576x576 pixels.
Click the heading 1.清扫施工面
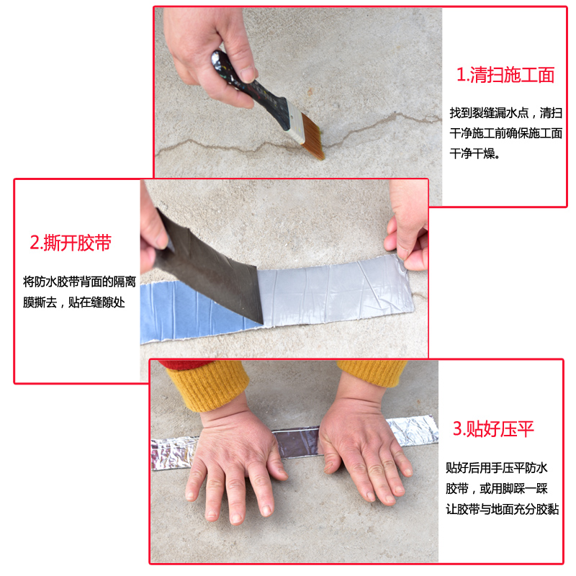pyautogui.click(x=505, y=75)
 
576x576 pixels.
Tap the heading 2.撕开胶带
pyautogui.click(x=71, y=243)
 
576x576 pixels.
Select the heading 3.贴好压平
pyautogui.click(x=493, y=428)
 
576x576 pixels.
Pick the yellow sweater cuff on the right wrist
pyautogui.click(x=372, y=372)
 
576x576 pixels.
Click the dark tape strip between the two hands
pyautogui.click(x=297, y=443)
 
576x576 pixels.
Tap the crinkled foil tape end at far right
pyautogui.click(x=414, y=430)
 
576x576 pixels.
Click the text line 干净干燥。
pyautogui.click(x=474, y=153)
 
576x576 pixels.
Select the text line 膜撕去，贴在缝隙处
pyautogui.click(x=74, y=302)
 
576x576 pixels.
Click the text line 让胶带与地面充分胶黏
pyautogui.click(x=502, y=509)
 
